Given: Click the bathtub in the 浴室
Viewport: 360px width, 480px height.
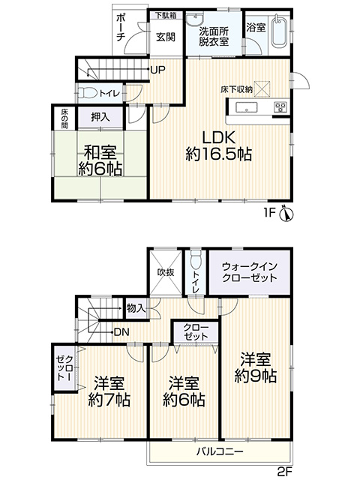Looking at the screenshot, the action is point(279,31).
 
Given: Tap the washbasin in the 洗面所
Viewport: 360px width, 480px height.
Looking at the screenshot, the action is point(194,20).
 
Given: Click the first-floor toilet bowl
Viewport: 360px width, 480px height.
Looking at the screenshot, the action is point(88,93).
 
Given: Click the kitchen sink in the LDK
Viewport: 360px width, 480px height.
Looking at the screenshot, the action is point(247,107).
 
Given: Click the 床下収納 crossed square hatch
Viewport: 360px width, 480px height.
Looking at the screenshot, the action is point(262,88).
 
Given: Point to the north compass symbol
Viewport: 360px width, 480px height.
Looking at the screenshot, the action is point(286,213).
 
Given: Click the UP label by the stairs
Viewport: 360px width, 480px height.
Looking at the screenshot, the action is point(158,70).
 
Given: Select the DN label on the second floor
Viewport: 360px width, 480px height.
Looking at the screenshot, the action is point(121,331).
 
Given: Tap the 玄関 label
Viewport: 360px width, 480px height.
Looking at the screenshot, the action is point(166,37).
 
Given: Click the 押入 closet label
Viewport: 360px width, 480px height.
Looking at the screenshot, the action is point(100,117).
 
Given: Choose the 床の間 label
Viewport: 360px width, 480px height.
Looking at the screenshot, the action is point(64,118).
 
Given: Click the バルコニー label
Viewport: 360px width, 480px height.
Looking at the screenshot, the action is point(220,451).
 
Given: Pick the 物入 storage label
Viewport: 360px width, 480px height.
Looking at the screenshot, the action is point(136,308).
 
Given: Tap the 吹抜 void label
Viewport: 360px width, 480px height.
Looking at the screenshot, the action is point(166,271).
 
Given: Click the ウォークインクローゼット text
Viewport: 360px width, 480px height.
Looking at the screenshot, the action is point(250,271).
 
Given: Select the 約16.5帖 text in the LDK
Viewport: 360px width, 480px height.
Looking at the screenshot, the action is point(219,154).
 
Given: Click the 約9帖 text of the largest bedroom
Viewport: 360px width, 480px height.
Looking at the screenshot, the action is point(256,376).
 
